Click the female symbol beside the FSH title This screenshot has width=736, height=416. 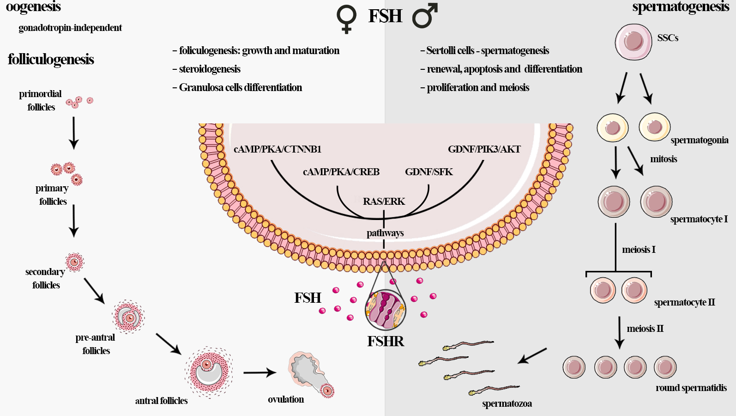(x=346, y=18)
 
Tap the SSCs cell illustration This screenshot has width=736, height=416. (x=633, y=42)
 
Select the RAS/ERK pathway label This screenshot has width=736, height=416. (x=384, y=202)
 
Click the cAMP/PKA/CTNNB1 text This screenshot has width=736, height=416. (x=277, y=149)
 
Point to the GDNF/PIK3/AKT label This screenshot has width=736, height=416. (x=484, y=149)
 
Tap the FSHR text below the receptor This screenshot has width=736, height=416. (x=386, y=342)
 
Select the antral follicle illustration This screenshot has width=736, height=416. (x=209, y=372)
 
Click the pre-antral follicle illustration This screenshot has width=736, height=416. (x=128, y=317)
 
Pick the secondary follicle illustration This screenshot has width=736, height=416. (x=74, y=263)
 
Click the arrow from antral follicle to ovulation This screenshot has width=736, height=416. (x=259, y=373)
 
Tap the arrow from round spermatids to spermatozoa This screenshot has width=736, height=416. (x=532, y=356)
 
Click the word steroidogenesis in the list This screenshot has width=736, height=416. (x=210, y=69)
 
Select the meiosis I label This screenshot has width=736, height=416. (x=639, y=250)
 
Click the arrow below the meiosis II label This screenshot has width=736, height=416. (x=620, y=333)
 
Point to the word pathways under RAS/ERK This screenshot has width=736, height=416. (x=385, y=233)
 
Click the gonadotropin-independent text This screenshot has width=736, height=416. (x=70, y=28)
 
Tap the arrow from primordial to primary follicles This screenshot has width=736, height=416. (x=73, y=133)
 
